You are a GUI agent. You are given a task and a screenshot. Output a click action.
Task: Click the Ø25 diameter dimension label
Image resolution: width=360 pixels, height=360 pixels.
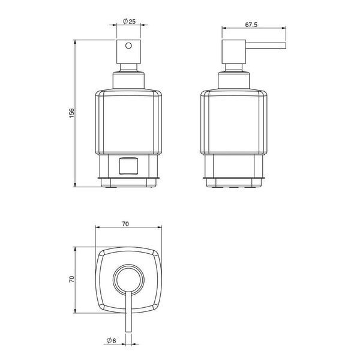pos(129,22)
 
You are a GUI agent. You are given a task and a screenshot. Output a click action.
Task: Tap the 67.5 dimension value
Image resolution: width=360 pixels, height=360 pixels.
pos(251,25)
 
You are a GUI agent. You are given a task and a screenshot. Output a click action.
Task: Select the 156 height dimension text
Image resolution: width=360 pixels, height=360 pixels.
pos(72,113)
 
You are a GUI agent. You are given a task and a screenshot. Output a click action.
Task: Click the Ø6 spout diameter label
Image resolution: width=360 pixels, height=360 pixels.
pos(112,340)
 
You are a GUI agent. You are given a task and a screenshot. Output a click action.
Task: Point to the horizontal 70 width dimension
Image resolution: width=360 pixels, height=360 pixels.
pos(125,224)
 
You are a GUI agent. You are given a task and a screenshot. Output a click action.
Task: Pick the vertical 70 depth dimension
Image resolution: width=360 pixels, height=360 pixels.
pos(72,279)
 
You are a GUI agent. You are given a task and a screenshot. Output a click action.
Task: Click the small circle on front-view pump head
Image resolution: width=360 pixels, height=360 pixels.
pos(128,46)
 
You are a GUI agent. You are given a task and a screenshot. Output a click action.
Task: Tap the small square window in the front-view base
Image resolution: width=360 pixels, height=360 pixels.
pos(128,166)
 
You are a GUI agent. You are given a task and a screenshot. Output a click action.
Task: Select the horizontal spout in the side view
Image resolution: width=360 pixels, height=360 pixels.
pos(266,46)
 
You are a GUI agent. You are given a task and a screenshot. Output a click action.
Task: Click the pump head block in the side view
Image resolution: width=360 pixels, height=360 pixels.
pos(234,52)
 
